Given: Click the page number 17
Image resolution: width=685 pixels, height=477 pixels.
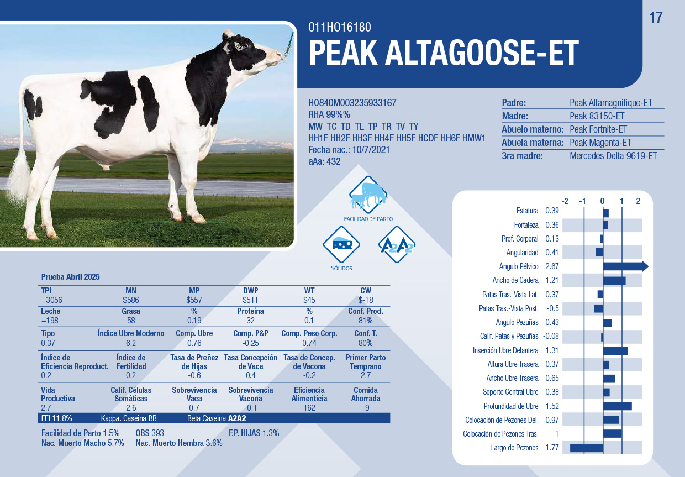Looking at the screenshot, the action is coord(656,18).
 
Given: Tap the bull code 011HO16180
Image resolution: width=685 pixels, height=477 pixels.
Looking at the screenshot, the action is coord(339,27).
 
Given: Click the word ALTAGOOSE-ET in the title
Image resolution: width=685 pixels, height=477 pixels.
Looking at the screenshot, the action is coord(482,53).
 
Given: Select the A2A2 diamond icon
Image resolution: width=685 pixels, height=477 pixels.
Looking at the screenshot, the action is coord(397,244).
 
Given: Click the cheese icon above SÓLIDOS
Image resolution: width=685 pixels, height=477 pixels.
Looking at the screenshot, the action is coord(341,244).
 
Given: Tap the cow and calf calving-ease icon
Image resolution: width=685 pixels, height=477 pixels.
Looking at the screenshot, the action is coord(368,195).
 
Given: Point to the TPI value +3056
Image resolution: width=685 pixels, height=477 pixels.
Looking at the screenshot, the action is coord(52,300).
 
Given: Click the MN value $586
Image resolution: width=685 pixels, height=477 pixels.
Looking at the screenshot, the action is coord(131,300).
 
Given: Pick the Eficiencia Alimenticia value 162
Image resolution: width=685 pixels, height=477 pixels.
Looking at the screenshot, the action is coord(309,408).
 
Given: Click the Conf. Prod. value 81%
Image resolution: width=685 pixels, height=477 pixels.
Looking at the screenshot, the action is coord(366,321).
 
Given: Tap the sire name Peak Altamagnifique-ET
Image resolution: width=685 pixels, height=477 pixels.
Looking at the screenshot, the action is coord(610,103).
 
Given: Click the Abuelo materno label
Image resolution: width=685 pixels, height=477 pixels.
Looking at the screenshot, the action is coord(533,129).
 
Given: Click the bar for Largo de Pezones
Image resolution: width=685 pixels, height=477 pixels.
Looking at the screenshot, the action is coord(587,448).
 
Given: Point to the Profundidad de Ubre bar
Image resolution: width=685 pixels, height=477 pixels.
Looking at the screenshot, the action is coord(618,406).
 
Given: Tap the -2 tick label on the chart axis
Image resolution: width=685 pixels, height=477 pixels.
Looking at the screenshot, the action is coord(565,201).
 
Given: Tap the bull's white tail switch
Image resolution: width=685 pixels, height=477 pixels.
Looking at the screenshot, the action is coord(19,177).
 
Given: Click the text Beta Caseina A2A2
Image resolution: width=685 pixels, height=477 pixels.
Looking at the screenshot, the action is coord(217,418).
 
